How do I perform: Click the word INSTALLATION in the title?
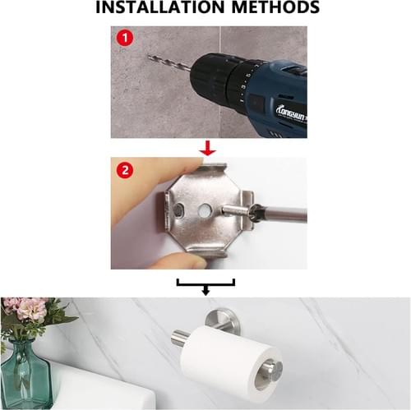pos(160,7)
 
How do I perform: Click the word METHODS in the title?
pos(275,7)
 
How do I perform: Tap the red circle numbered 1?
pos(125,38)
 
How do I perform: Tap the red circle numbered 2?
pos(125,170)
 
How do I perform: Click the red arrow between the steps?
pos(208,148)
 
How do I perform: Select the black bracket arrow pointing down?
pos(205,287)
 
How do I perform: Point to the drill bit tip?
pos(148,56)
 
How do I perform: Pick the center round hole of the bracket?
pos(205,210)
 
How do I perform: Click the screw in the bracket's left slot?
pos(179,210)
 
